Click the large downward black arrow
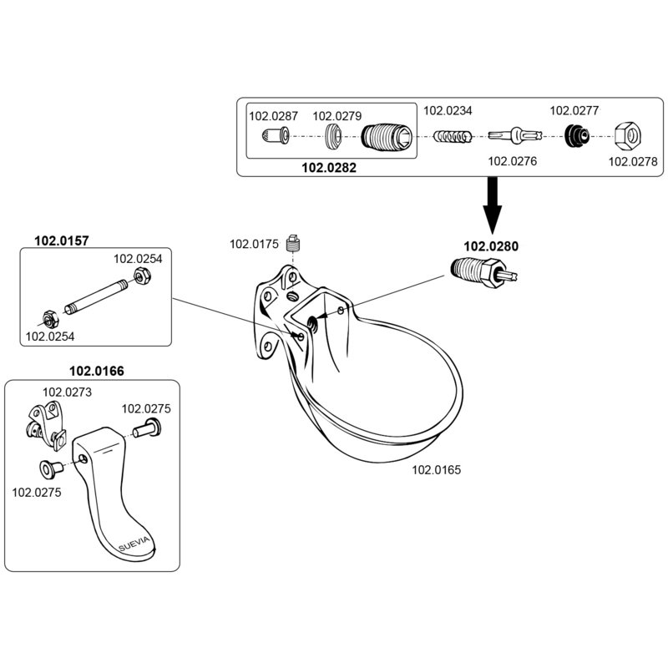pos(493,207)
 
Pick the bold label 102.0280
pos(490,246)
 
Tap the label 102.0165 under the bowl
pos(436,470)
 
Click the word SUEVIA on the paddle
pos(136,544)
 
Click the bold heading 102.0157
pos(61,240)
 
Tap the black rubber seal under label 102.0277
pos(575,136)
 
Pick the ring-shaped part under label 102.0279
pos(334,135)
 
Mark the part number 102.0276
pos(510,161)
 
